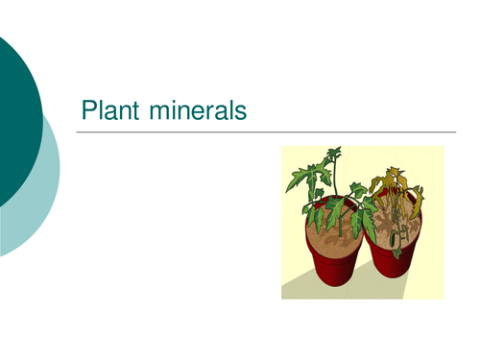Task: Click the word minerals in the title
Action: click(199, 110)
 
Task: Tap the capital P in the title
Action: click(88, 110)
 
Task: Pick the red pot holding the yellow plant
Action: click(394, 259)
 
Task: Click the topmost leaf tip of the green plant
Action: click(334, 150)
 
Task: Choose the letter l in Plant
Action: click(99, 110)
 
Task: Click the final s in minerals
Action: click(241, 112)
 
